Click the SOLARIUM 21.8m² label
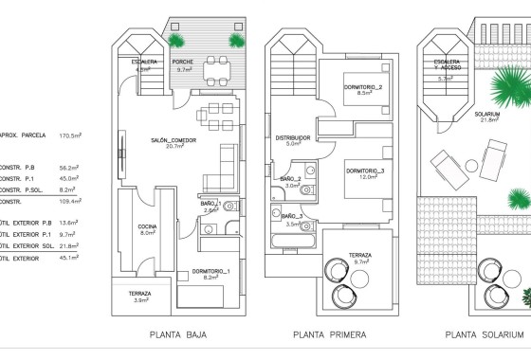(490, 116)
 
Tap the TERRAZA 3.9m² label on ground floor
(139, 296)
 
